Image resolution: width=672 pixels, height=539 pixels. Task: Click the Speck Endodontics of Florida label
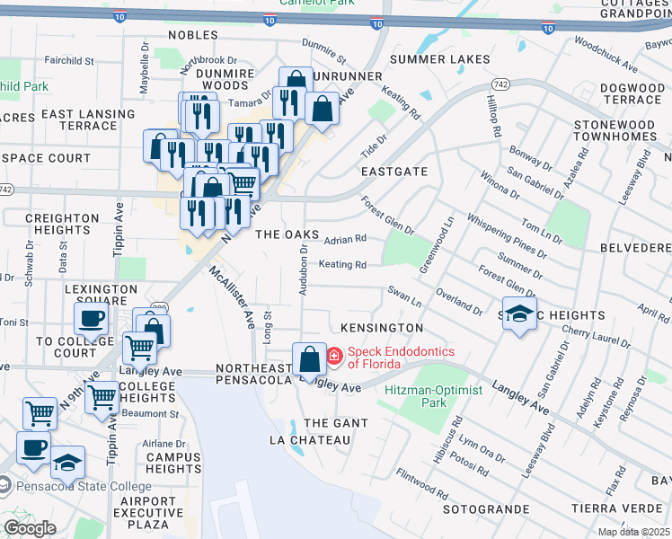[401, 358]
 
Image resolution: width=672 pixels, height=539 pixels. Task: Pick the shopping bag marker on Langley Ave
[309, 360]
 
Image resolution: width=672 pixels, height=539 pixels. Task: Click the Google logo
[30, 528]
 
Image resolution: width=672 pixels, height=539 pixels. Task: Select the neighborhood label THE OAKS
[287, 234]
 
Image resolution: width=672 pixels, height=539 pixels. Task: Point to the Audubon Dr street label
[305, 263]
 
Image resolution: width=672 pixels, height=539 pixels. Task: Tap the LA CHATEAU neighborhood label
[309, 440]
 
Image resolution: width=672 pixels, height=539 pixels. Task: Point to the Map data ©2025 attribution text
[634, 532]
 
